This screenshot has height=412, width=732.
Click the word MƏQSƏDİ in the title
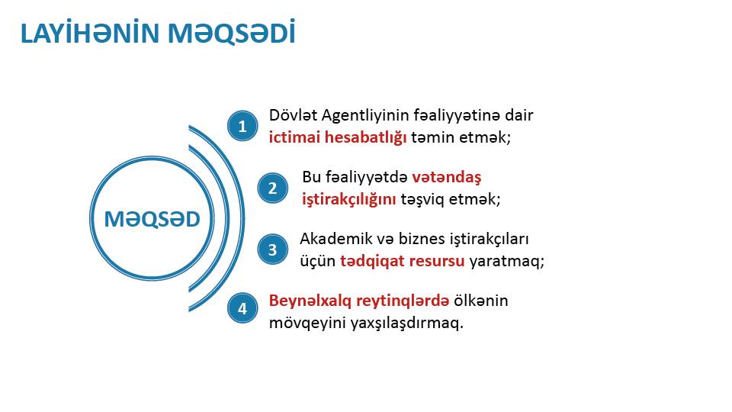232,33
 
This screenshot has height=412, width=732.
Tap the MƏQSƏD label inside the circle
152,219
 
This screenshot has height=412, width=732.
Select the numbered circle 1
242,126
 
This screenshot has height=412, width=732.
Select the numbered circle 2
273,188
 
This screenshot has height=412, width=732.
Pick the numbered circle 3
273,249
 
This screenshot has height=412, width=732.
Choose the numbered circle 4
242,307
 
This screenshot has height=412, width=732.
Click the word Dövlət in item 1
293,115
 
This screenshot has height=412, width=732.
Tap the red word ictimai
294,137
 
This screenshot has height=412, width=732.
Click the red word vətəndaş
447,177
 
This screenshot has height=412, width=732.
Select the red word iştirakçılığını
348,200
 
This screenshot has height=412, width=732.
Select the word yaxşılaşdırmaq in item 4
404,323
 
